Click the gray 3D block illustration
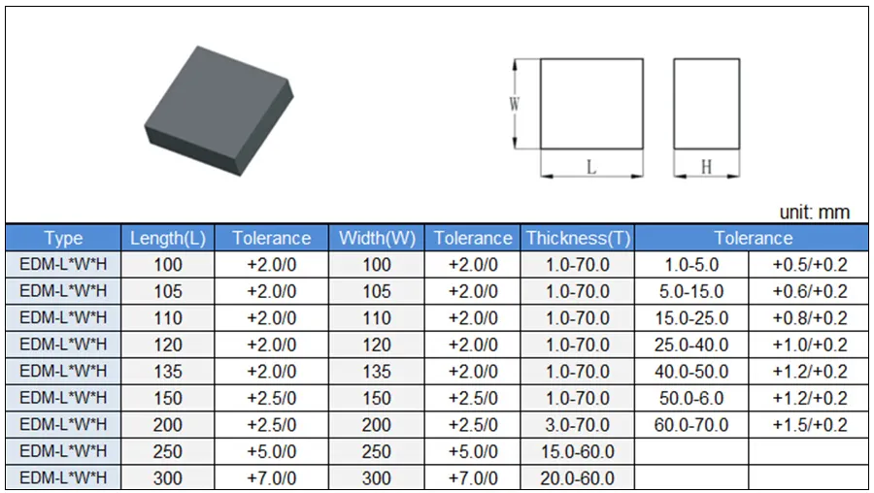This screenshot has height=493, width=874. point(218,111)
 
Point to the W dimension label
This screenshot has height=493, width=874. point(514,104)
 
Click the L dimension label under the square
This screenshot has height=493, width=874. point(590,167)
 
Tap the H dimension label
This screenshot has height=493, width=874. point(706,167)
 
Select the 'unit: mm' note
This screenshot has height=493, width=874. point(815,213)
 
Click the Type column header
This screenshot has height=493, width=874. point(63,239)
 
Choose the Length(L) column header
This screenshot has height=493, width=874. point(168,239)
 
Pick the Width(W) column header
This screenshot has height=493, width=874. point(378,239)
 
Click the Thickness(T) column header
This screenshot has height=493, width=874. point(578,239)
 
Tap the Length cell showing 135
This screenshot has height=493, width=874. point(168,372)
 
